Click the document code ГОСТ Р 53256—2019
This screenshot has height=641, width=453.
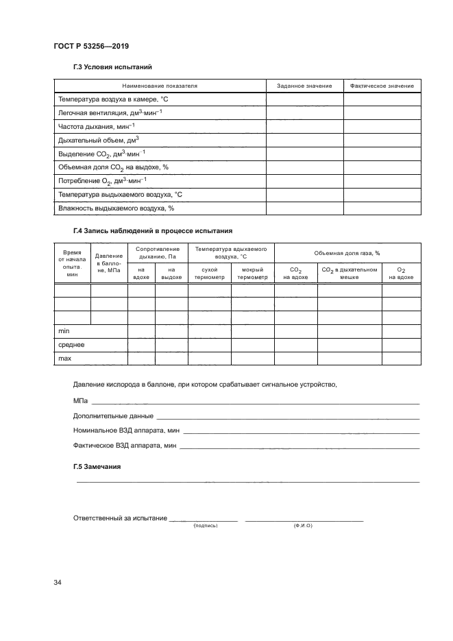point(90,46)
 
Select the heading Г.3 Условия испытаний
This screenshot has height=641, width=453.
point(112,67)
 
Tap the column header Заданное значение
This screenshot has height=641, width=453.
point(304,86)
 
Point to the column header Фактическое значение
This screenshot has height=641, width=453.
point(382,86)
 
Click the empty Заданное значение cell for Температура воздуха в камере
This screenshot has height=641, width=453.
point(304,99)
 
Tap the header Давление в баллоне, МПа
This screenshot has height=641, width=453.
point(110,263)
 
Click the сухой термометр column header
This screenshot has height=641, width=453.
point(205,273)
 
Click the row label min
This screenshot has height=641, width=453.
point(65,330)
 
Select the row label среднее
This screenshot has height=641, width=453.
point(71,344)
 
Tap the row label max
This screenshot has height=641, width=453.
point(66,358)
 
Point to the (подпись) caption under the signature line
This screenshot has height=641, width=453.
point(206,525)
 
